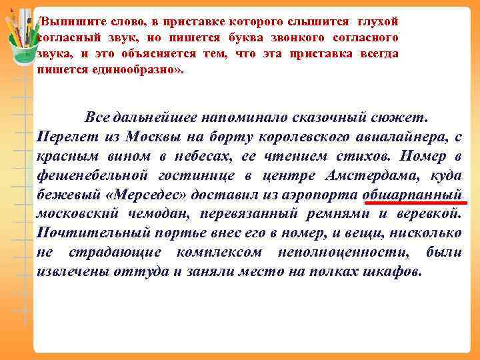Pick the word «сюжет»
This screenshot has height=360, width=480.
click(406, 117)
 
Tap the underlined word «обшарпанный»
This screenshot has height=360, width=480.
click(413, 194)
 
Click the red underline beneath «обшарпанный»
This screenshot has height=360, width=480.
click(413, 203)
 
